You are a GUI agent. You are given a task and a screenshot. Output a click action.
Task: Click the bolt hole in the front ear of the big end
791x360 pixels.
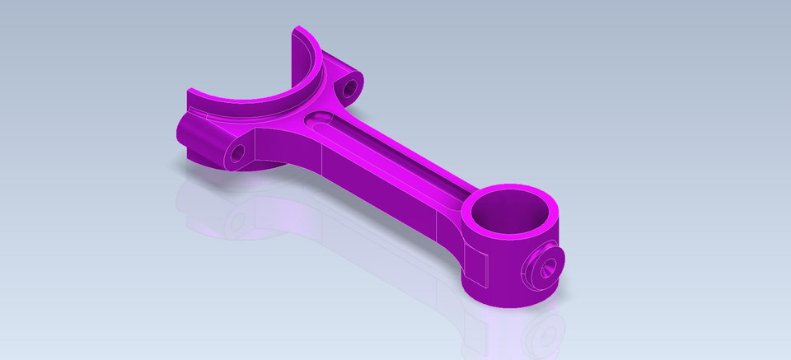(x=239, y=152)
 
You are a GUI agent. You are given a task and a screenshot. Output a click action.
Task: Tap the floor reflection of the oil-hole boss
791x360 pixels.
(x=544, y=334)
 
